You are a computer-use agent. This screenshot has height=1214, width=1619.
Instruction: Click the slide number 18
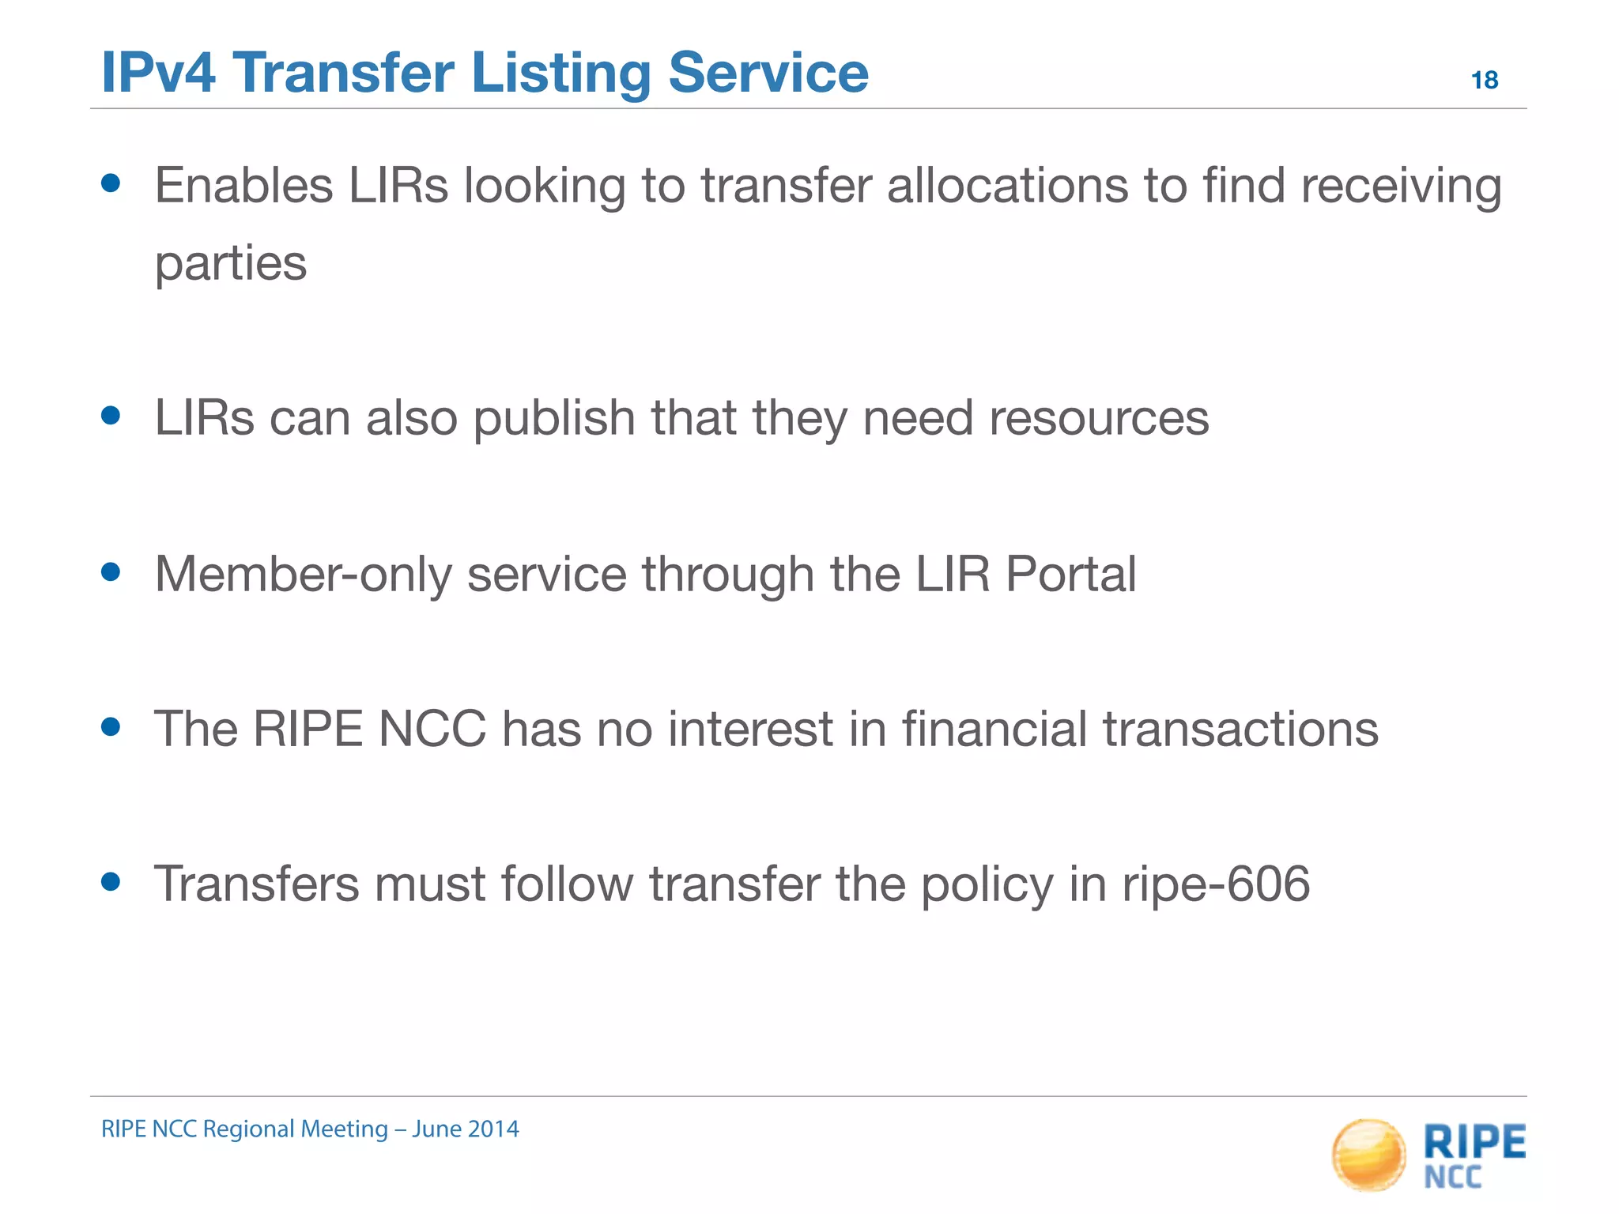click(1484, 80)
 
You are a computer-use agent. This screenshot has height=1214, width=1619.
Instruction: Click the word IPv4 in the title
click(158, 73)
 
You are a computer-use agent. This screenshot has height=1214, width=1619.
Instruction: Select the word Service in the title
click(768, 73)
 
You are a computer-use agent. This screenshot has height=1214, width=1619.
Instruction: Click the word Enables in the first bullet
click(243, 186)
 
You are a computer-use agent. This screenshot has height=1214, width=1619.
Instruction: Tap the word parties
click(230, 263)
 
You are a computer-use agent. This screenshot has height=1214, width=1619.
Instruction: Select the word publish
click(554, 418)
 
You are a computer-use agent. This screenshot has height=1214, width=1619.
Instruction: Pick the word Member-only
click(304, 574)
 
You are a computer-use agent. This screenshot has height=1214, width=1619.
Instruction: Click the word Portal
click(1070, 574)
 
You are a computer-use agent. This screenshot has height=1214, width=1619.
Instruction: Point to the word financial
click(994, 728)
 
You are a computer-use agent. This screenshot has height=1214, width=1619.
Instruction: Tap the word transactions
click(1240, 729)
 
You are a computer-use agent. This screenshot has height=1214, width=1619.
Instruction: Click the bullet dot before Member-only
click(111, 571)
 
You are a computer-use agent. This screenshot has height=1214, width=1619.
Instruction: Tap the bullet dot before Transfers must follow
click(111, 881)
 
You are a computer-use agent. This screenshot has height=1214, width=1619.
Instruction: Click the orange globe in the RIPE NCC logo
click(1369, 1155)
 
